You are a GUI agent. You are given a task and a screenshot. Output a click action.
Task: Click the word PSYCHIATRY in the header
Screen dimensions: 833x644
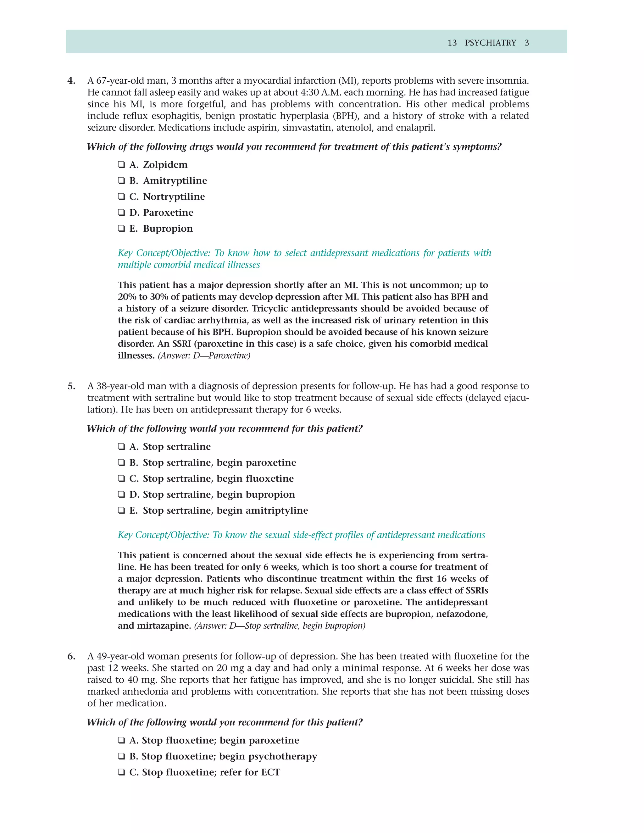490,43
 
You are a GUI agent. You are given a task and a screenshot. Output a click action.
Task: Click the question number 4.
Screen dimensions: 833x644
71,81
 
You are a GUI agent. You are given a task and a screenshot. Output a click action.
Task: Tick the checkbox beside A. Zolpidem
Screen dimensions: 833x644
121,165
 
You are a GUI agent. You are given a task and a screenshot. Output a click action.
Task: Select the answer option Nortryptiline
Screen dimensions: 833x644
174,197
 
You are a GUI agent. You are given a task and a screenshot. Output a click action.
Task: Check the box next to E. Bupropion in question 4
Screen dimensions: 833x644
121,229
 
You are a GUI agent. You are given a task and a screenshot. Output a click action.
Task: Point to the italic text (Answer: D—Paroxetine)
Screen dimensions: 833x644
204,356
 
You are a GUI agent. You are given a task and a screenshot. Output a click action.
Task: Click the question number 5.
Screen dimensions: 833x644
71,386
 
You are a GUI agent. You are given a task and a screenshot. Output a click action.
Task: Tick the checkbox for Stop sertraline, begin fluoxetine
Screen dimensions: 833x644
121,479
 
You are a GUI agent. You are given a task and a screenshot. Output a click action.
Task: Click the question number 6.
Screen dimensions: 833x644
71,656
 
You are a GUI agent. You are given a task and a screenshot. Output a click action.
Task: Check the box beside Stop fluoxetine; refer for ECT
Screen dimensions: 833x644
121,772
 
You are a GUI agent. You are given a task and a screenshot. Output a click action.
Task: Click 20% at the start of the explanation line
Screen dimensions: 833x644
127,297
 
